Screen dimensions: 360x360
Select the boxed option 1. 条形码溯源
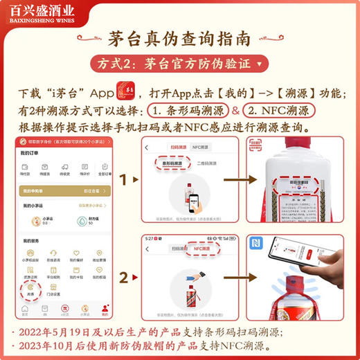pos(186,111)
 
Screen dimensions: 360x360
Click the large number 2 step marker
pos(125,278)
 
